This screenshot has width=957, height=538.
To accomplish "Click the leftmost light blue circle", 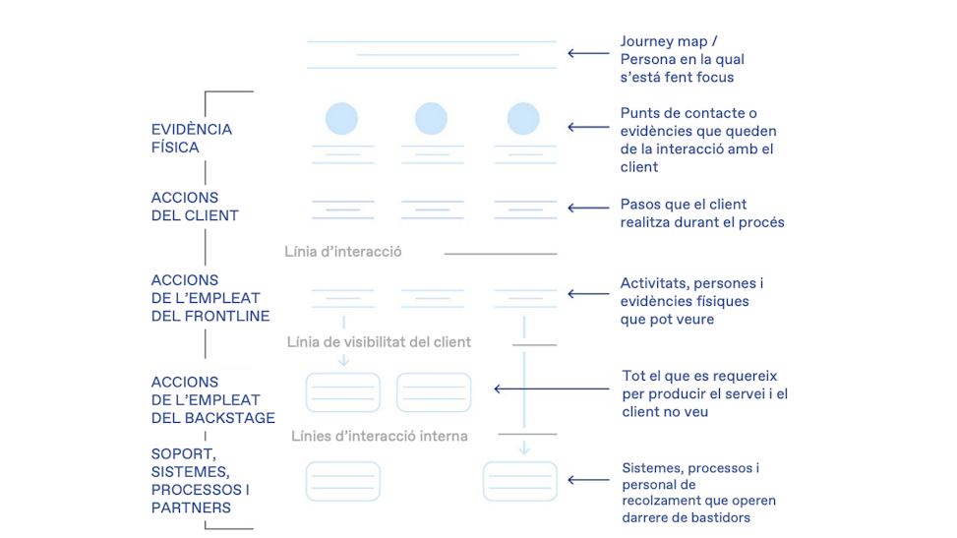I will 342,119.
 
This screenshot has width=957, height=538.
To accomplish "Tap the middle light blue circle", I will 431,119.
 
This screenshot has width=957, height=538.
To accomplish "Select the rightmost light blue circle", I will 523,119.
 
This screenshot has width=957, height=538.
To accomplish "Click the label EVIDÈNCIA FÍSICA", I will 191,139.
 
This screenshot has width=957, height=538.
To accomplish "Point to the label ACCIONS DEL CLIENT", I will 195,207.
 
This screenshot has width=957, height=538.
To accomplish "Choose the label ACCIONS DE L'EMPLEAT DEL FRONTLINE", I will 209,298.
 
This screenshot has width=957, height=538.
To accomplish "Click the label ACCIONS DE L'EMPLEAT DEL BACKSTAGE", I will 212,400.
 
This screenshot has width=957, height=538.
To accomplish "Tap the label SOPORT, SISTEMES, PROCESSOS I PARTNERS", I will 200,481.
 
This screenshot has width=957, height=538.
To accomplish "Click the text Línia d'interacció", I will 342,252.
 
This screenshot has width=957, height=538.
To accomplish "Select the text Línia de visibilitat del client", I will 379,342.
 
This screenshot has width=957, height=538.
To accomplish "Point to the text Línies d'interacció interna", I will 379,436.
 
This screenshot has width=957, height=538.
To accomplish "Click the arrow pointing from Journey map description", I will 588,54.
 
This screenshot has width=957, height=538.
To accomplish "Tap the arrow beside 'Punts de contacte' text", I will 588,127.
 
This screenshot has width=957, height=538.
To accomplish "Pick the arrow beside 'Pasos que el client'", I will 588,209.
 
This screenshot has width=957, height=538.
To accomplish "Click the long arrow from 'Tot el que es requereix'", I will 551,389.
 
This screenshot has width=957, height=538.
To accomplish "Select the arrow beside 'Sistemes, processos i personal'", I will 588,481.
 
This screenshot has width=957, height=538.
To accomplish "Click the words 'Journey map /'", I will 668,41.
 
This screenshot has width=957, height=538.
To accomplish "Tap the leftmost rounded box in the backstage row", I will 342,392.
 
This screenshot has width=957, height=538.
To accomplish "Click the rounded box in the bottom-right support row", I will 519,481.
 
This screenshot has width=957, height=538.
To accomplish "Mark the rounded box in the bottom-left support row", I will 342,481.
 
